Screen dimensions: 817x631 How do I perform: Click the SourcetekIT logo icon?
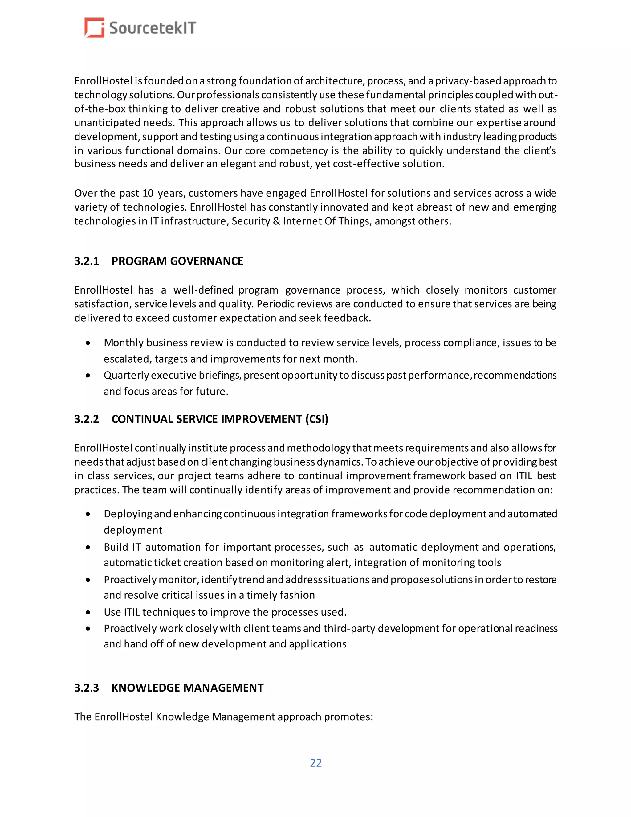(94, 28)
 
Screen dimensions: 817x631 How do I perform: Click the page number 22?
(315, 762)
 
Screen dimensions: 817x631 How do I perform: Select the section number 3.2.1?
(86, 261)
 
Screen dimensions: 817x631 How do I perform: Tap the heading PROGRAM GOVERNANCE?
(177, 261)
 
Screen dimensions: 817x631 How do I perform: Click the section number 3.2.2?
(86, 419)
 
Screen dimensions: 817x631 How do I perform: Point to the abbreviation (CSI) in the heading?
(317, 419)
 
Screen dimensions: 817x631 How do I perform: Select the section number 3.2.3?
(86, 688)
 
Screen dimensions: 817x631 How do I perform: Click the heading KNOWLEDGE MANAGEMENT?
(187, 688)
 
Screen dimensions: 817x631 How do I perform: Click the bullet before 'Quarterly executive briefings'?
(88, 375)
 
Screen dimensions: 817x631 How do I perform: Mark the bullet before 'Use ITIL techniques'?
(88, 612)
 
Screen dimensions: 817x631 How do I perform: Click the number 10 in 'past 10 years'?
(148, 193)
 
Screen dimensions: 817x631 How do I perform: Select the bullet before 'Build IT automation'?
(88, 547)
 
